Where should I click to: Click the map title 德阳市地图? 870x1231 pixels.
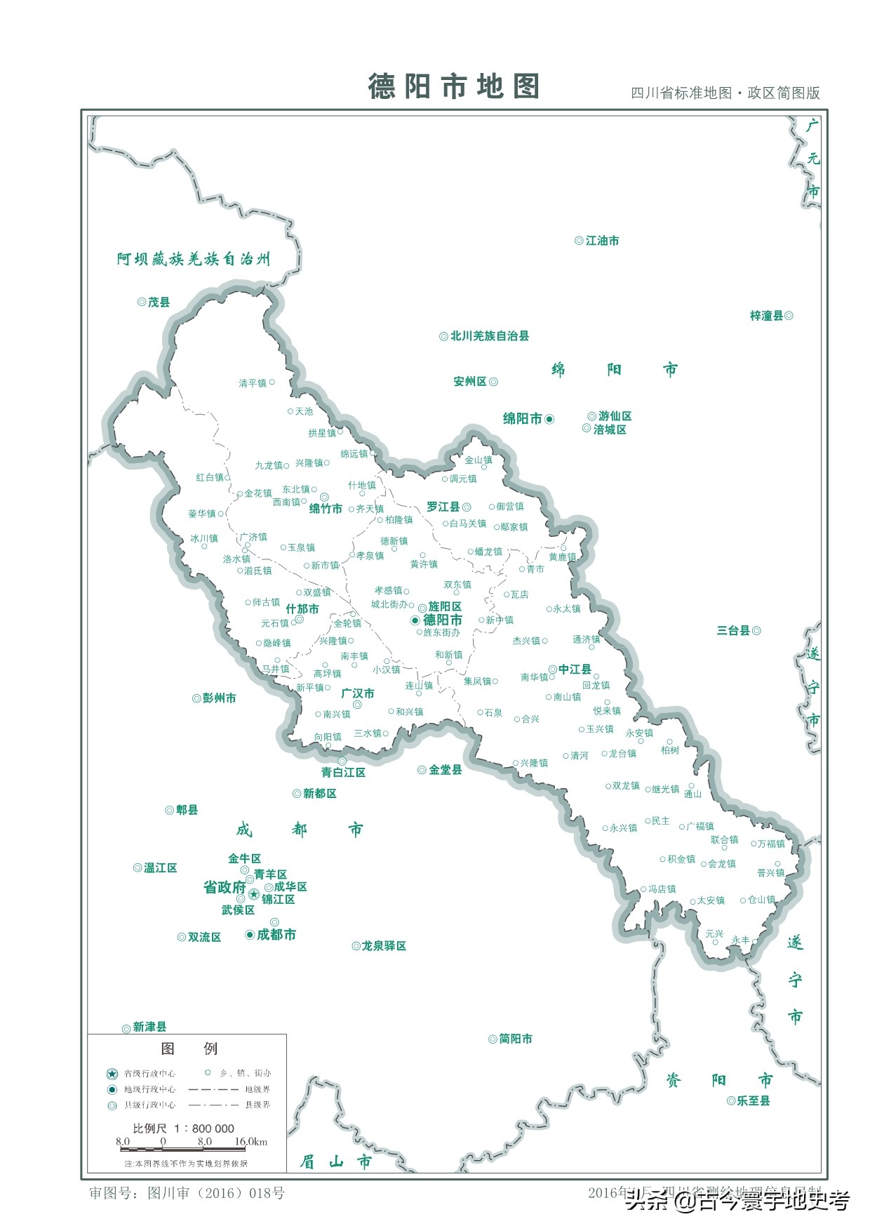tap(454, 86)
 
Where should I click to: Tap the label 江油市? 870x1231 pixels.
tap(602, 241)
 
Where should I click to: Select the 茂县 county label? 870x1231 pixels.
tap(159, 302)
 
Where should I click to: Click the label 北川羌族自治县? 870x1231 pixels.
tap(489, 336)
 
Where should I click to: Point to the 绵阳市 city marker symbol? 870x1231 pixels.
tap(549, 419)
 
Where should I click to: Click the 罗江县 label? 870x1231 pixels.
tap(443, 507)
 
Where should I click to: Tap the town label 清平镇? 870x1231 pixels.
tap(253, 383)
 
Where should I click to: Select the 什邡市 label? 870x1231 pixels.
tap(302, 608)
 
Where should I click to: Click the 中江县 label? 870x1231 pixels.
tap(575, 670)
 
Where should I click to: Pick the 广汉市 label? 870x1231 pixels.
tap(358, 693)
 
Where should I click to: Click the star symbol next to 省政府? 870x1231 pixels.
tap(254, 894)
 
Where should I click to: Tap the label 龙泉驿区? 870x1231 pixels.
tap(384, 946)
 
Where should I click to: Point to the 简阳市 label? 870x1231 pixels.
tap(515, 1039)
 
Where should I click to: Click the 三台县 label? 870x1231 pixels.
tap(733, 631)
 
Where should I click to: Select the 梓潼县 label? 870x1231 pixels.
tap(766, 317)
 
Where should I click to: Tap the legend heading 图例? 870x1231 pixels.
tap(189, 1049)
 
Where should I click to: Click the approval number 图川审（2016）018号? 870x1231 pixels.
tap(216, 1193)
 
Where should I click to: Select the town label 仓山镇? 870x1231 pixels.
tap(762, 900)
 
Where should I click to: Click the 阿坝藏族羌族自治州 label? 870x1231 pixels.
tap(194, 259)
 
